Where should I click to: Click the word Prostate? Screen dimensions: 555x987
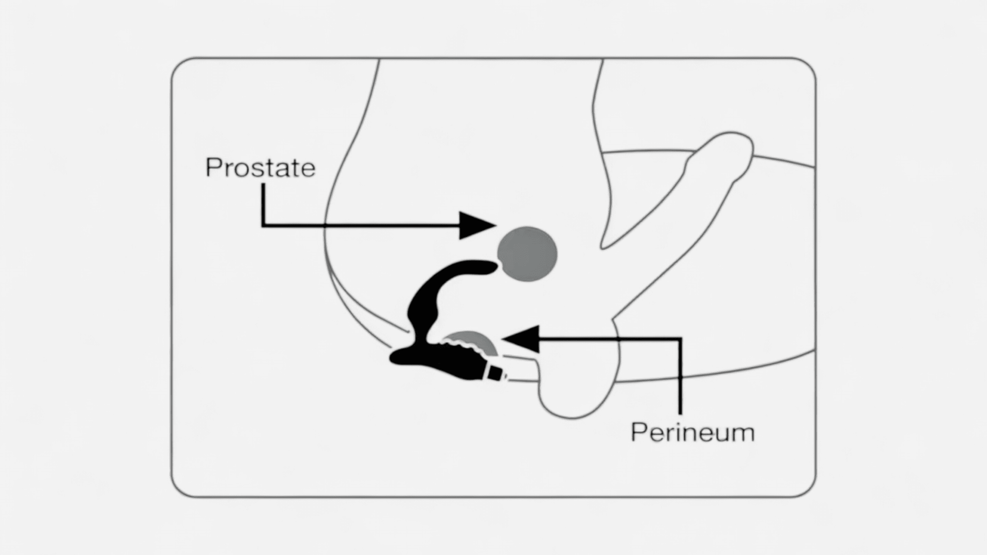[x=261, y=168]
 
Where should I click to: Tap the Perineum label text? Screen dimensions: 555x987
[x=692, y=432]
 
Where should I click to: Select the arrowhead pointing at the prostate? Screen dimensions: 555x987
[x=477, y=225]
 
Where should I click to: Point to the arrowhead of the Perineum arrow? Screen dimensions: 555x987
[x=520, y=339]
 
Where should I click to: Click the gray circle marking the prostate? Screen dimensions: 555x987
[x=527, y=254]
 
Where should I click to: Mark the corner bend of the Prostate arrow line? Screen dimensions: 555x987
[x=263, y=225]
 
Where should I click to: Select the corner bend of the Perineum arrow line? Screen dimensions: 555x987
[x=680, y=339]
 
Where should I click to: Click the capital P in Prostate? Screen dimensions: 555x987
[x=214, y=167]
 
